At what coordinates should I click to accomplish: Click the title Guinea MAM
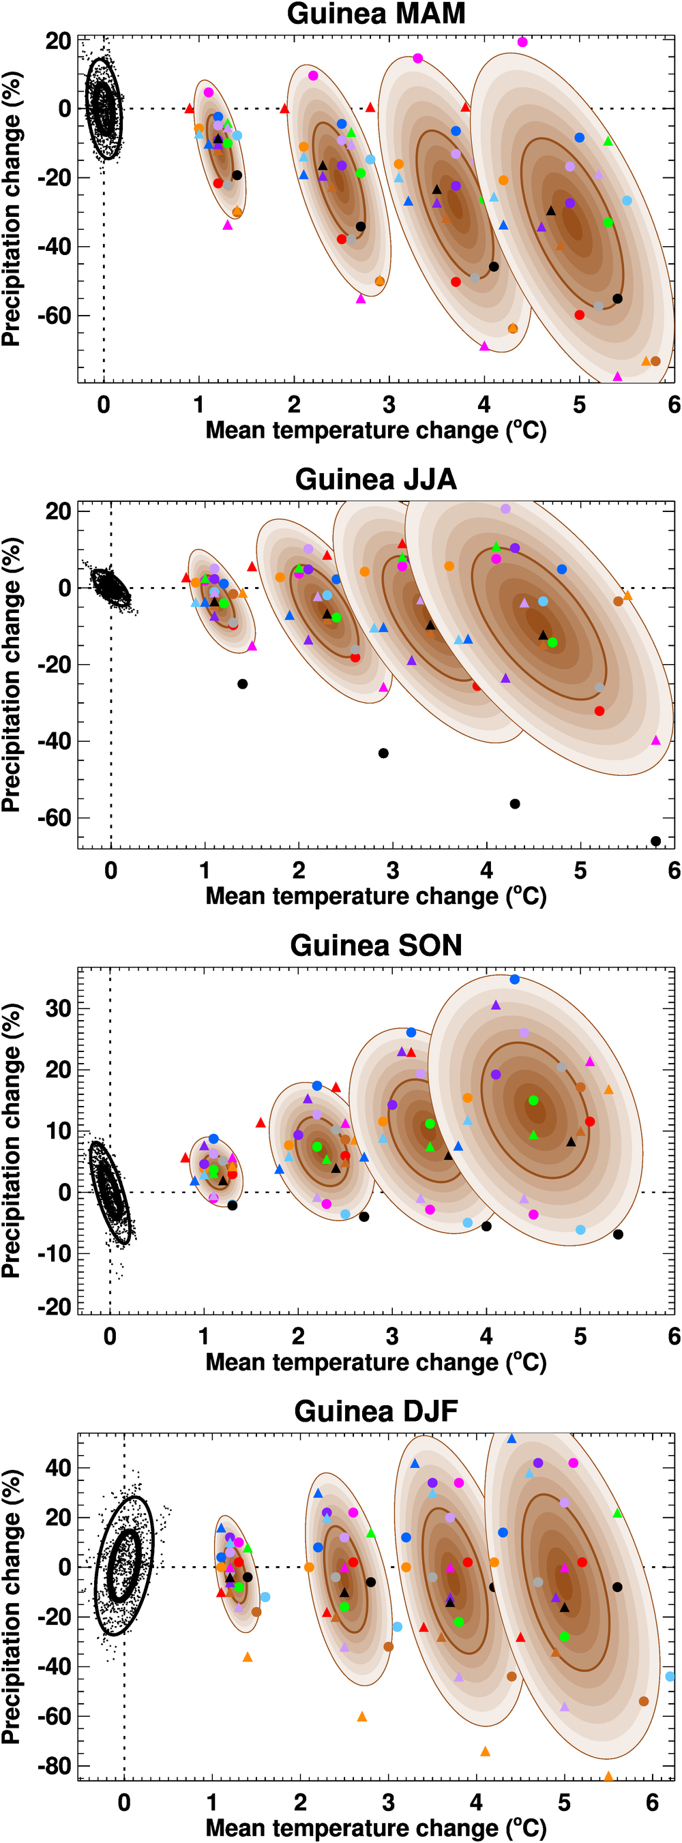tap(376, 14)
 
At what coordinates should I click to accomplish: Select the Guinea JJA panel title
tap(376, 479)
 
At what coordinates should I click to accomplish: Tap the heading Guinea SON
tap(376, 945)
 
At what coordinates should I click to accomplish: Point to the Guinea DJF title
tap(376, 1411)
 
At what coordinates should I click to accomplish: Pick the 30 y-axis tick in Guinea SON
tap(58, 1008)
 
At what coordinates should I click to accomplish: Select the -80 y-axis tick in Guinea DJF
tap(55, 1766)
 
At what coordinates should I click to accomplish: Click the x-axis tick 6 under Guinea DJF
tap(652, 1801)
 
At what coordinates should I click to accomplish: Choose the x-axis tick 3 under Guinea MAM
tap(389, 405)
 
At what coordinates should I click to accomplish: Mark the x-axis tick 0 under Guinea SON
tap(110, 1336)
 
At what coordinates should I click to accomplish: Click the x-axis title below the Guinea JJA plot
tap(376, 897)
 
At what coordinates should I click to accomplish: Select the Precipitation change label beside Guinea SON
tap(12, 1141)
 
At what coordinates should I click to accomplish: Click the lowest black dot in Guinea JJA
tap(655, 841)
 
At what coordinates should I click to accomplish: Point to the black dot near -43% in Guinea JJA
tap(383, 753)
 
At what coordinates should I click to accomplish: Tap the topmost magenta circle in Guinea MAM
tap(522, 42)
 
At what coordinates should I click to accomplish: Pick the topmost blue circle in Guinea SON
tap(514, 979)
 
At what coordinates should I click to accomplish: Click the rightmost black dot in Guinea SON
tap(619, 1234)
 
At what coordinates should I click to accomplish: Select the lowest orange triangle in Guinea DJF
tap(608, 1776)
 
